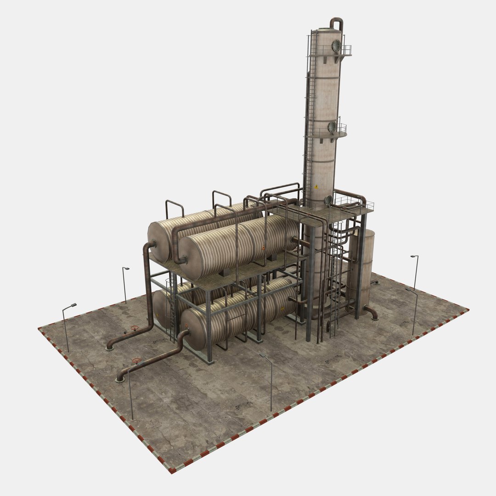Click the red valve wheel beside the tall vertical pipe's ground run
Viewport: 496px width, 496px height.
135,328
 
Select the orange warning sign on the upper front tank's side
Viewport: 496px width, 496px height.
263,248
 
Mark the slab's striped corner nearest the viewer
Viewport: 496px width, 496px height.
171,471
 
